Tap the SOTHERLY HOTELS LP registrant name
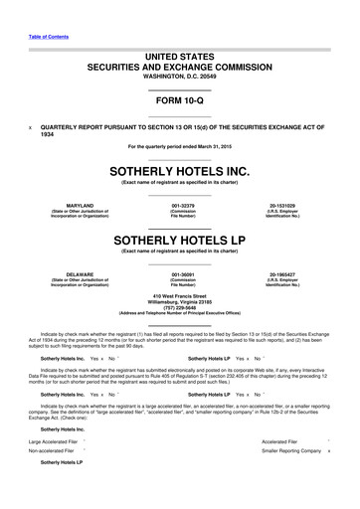[180, 240]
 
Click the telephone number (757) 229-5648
[180, 307]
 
